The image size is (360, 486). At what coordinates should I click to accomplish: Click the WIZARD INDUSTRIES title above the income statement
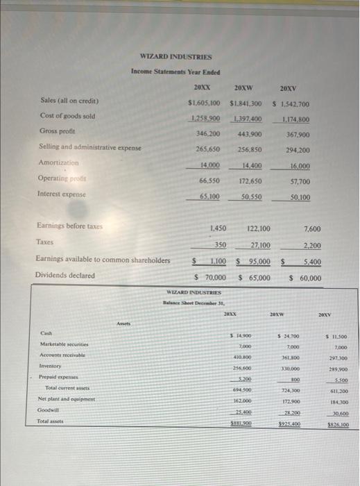tap(175, 56)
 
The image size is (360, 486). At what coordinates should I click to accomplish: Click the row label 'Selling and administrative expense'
tap(90, 147)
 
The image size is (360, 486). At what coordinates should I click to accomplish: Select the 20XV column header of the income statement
tap(289, 88)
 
